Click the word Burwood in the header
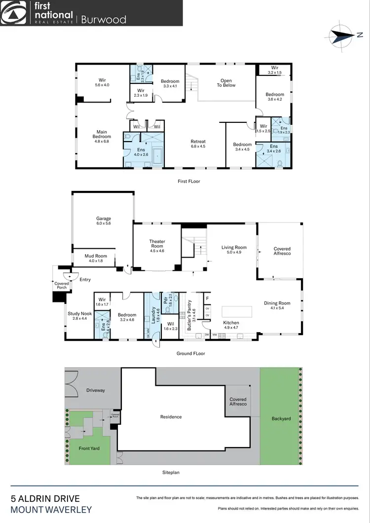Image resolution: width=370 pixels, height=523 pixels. (104, 19)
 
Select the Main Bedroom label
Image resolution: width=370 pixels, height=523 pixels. (102, 134)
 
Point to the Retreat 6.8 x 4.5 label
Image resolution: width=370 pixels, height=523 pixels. (198, 144)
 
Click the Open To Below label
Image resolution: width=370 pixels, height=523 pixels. (226, 83)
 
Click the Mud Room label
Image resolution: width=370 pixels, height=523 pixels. (96, 258)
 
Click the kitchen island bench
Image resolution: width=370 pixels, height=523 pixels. (236, 312)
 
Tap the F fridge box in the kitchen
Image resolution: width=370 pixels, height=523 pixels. (207, 299)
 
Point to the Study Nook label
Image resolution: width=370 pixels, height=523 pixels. (79, 316)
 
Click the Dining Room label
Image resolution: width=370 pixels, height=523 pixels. (277, 306)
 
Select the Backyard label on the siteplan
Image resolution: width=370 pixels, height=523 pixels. (281, 418)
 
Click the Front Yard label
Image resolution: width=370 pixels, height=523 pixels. (89, 448)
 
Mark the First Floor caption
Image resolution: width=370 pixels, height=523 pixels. (189, 182)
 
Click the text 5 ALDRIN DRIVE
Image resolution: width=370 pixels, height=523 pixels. (45, 499)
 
